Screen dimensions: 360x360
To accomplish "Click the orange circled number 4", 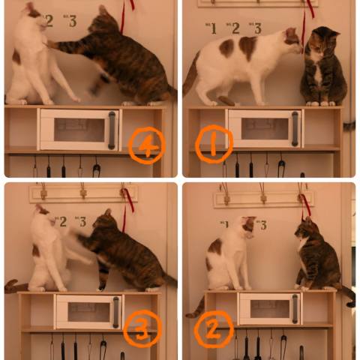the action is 147,145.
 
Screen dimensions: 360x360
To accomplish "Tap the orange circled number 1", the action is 214,144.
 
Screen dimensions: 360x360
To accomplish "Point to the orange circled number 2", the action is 214,329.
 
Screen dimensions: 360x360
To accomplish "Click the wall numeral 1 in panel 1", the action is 213,28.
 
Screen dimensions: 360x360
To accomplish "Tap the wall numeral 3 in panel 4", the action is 73,21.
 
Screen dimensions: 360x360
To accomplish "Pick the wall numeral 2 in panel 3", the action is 63,222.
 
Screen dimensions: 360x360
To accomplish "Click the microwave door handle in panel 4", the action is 112,130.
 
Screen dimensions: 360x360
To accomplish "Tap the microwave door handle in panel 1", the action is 295,129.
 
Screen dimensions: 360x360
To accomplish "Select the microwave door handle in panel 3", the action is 115,312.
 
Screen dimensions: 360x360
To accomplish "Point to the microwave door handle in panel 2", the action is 295,309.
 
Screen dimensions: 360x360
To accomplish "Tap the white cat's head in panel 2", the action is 247,227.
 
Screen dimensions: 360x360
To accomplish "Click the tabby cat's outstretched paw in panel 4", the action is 52,44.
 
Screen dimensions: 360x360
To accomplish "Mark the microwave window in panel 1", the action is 265,129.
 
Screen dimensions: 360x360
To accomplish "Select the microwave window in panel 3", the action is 88,312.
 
